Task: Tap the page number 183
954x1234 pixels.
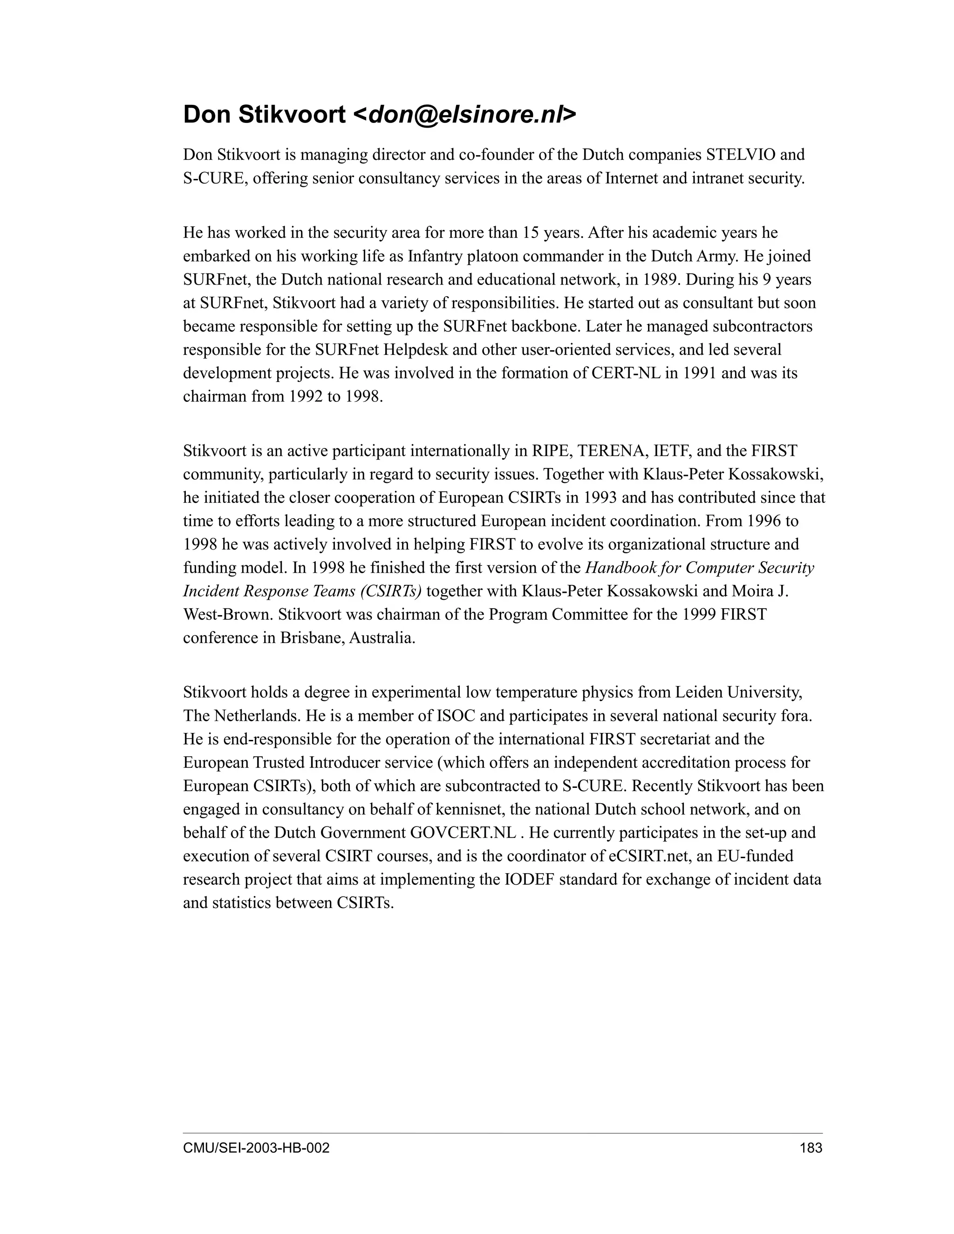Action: pos(811,1147)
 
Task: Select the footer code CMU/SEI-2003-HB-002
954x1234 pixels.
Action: pos(256,1147)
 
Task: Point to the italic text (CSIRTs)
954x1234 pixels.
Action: pos(390,591)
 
